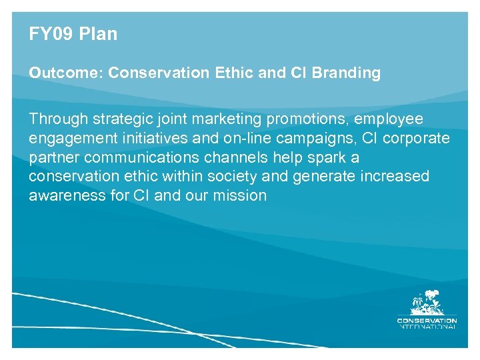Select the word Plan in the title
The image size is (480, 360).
[x=97, y=35]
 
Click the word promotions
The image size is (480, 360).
[x=307, y=119]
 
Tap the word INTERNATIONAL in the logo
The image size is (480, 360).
[x=427, y=326]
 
